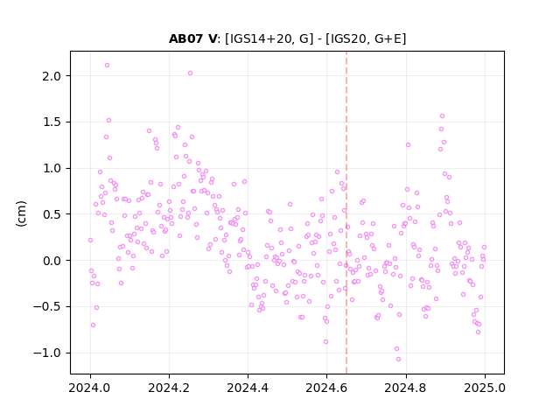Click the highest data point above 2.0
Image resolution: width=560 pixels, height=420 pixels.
click(x=107, y=66)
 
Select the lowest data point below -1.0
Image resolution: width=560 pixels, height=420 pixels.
click(x=399, y=360)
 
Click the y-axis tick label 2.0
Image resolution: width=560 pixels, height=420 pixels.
click(x=52, y=76)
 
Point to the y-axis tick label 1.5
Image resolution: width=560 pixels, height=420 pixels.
click(x=52, y=122)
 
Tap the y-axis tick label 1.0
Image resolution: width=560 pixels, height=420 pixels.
click(x=52, y=168)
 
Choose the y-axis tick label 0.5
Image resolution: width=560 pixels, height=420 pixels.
click(x=52, y=214)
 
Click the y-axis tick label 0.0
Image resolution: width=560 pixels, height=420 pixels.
click(x=52, y=261)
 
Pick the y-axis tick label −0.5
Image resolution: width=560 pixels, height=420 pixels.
click(x=47, y=307)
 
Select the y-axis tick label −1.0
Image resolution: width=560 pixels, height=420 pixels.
click(x=47, y=353)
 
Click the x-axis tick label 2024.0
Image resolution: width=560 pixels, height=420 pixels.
click(x=90, y=388)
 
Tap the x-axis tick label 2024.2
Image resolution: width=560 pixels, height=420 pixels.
click(x=169, y=388)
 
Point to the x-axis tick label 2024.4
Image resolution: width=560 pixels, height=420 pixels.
click(x=248, y=388)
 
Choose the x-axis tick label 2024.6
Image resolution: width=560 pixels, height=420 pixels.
click(x=326, y=388)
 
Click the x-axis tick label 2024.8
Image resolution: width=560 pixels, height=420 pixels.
click(x=406, y=388)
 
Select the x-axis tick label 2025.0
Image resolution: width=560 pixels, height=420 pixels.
click(x=485, y=388)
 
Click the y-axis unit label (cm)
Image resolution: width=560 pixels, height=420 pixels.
click(x=21, y=213)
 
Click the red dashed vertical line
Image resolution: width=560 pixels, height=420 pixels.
click(x=346, y=213)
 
